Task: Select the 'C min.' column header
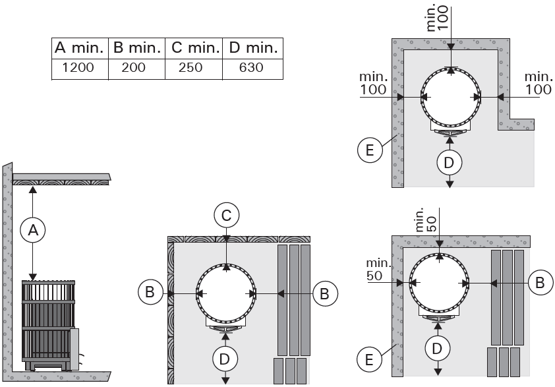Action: [x=196, y=47]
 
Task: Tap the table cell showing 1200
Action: [x=78, y=68]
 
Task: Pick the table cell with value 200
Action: [x=136, y=68]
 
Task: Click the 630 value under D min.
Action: [x=252, y=68]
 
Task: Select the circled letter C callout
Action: [x=226, y=215]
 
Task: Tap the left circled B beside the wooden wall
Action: [x=150, y=292]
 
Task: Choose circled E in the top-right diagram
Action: [x=370, y=150]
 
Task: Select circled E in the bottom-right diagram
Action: [x=370, y=359]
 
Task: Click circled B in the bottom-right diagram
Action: [x=540, y=282]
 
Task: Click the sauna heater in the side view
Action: [x=49, y=325]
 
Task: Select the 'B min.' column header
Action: [x=138, y=47]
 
